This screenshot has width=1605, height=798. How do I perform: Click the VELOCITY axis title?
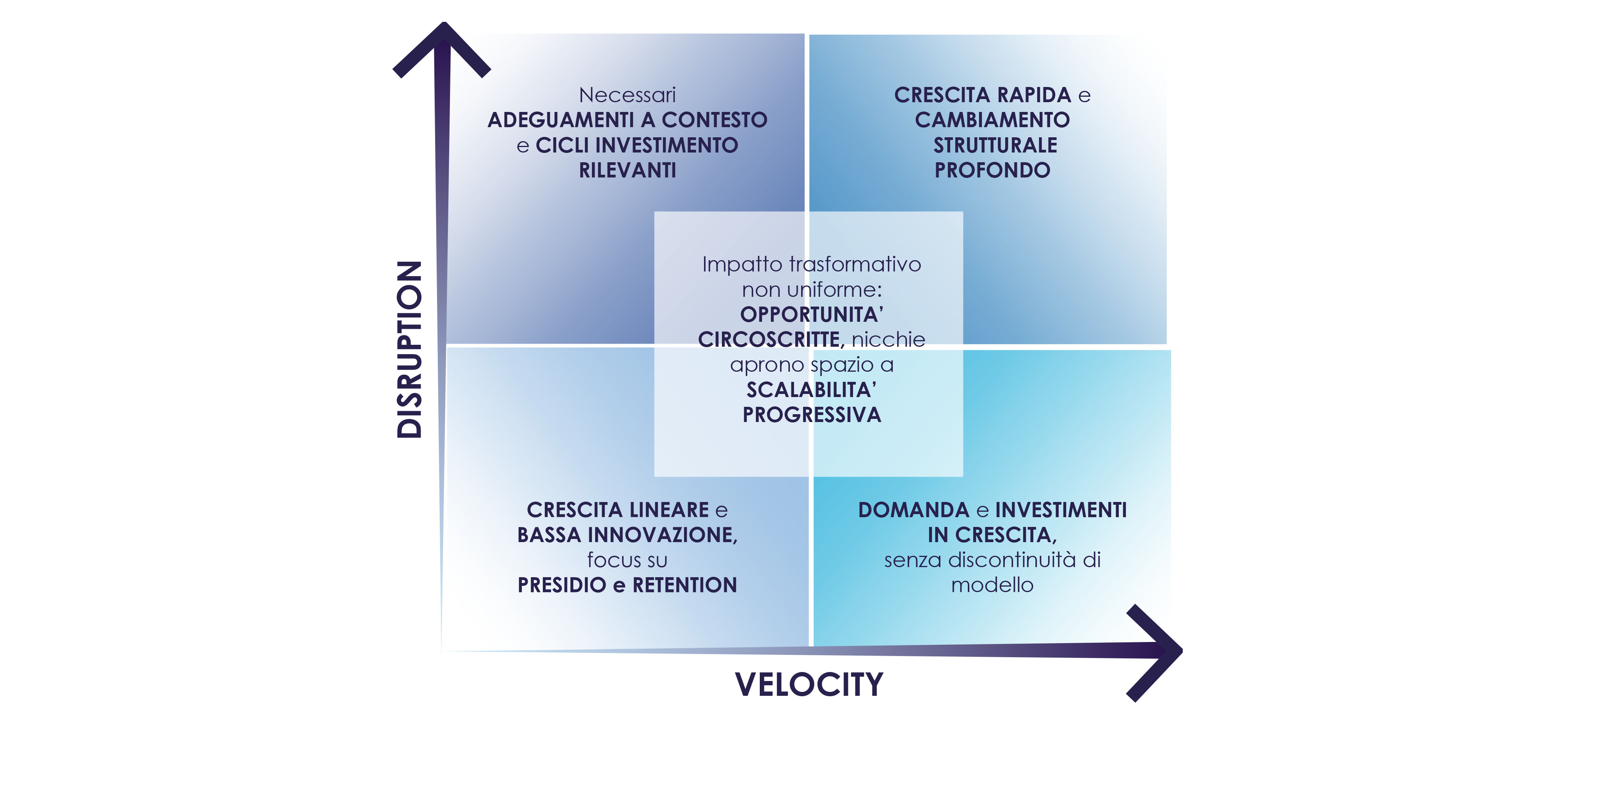click(809, 684)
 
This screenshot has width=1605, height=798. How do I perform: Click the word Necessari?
click(627, 95)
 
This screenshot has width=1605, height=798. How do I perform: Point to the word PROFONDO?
click(992, 170)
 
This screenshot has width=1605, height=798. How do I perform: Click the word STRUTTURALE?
click(995, 145)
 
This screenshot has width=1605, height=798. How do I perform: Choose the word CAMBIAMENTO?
click(992, 120)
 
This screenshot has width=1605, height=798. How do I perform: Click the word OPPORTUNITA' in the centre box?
click(811, 315)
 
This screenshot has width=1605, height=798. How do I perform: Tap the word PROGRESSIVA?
click(811, 415)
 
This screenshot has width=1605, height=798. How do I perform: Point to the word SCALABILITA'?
click(811, 390)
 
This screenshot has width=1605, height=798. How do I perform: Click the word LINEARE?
click(669, 510)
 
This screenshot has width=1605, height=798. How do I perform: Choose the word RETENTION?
click(685, 585)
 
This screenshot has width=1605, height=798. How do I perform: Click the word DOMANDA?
click(914, 510)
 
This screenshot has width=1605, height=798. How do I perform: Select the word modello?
click(992, 585)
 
